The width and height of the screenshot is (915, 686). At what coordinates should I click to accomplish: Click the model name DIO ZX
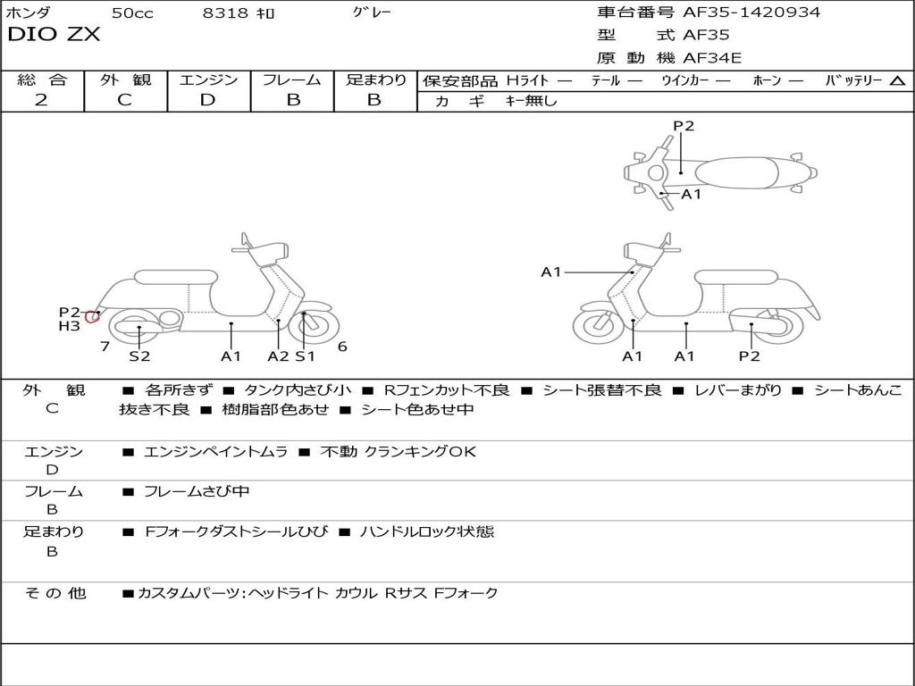[54, 35]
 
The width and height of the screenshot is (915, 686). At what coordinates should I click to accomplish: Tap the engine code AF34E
[712, 58]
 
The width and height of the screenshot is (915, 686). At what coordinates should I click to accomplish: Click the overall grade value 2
[41, 100]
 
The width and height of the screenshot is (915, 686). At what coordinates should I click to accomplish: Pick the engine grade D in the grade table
[207, 100]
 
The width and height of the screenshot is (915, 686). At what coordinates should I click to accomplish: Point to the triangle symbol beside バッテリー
[897, 81]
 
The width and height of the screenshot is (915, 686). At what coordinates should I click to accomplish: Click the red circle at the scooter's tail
[92, 317]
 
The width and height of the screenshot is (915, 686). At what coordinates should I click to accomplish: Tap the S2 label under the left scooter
[139, 356]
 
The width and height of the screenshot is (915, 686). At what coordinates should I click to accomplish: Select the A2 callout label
[278, 356]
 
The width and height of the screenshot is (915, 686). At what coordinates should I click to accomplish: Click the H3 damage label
[70, 326]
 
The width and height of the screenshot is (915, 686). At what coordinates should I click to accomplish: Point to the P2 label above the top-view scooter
[684, 125]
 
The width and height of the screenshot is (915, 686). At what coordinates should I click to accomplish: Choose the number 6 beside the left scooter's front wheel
[342, 347]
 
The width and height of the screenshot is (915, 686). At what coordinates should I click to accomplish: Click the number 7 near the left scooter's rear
[105, 347]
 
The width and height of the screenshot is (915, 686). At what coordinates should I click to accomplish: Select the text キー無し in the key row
[531, 101]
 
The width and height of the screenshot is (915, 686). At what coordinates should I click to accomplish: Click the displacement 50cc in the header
[132, 13]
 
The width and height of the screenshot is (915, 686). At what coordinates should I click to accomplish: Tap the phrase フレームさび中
[197, 492]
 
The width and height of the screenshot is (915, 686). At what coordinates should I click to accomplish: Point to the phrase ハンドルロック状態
[427, 531]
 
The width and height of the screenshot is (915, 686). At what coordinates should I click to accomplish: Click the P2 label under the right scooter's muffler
[749, 356]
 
